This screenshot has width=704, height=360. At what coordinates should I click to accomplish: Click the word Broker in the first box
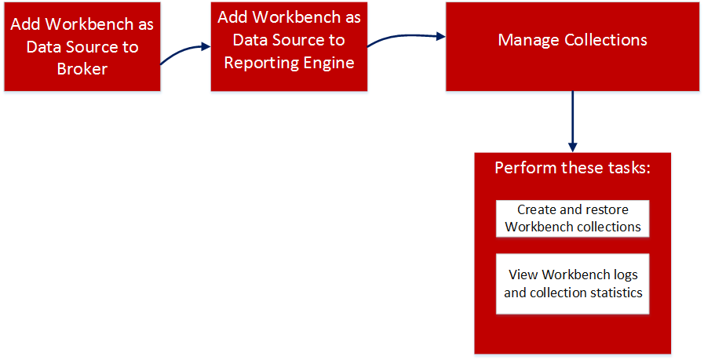coord(82,69)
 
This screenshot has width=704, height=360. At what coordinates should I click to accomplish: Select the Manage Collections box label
coord(572,39)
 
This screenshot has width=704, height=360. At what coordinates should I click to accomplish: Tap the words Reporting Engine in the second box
coord(290,62)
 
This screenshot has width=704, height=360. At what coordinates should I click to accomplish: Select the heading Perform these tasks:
coord(572,169)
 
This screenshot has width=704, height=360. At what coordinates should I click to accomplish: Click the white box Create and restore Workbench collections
coord(573,218)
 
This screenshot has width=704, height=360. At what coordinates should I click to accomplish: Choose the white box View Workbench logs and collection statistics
coord(573,284)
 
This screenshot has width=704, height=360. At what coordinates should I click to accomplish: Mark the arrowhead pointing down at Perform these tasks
coord(573,147)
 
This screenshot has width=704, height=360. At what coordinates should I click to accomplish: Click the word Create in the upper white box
coord(537,209)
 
